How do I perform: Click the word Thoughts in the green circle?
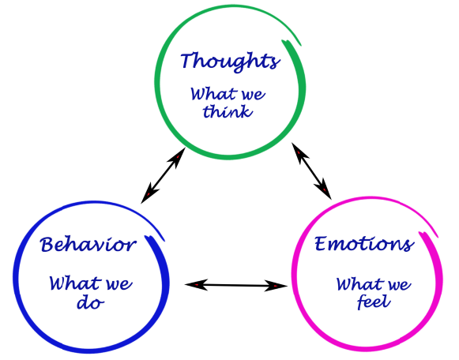click(x=230, y=62)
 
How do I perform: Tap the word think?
click(x=228, y=111)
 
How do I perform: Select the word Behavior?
click(x=88, y=245)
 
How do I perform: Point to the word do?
click(x=90, y=303)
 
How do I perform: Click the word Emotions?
click(x=364, y=244)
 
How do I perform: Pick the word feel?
click(x=374, y=302)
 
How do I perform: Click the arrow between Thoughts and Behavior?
click(x=163, y=175)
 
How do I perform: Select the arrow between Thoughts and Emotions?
click(x=311, y=171)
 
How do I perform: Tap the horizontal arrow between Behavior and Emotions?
click(x=236, y=285)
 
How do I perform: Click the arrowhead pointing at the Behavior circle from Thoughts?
click(x=149, y=193)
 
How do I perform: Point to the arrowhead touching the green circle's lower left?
click(x=177, y=158)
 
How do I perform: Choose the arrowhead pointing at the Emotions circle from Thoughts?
click(x=323, y=189)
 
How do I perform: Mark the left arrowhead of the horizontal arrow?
click(x=196, y=284)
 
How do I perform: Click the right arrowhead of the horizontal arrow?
click(x=276, y=286)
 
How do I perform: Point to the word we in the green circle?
click(x=254, y=95)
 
